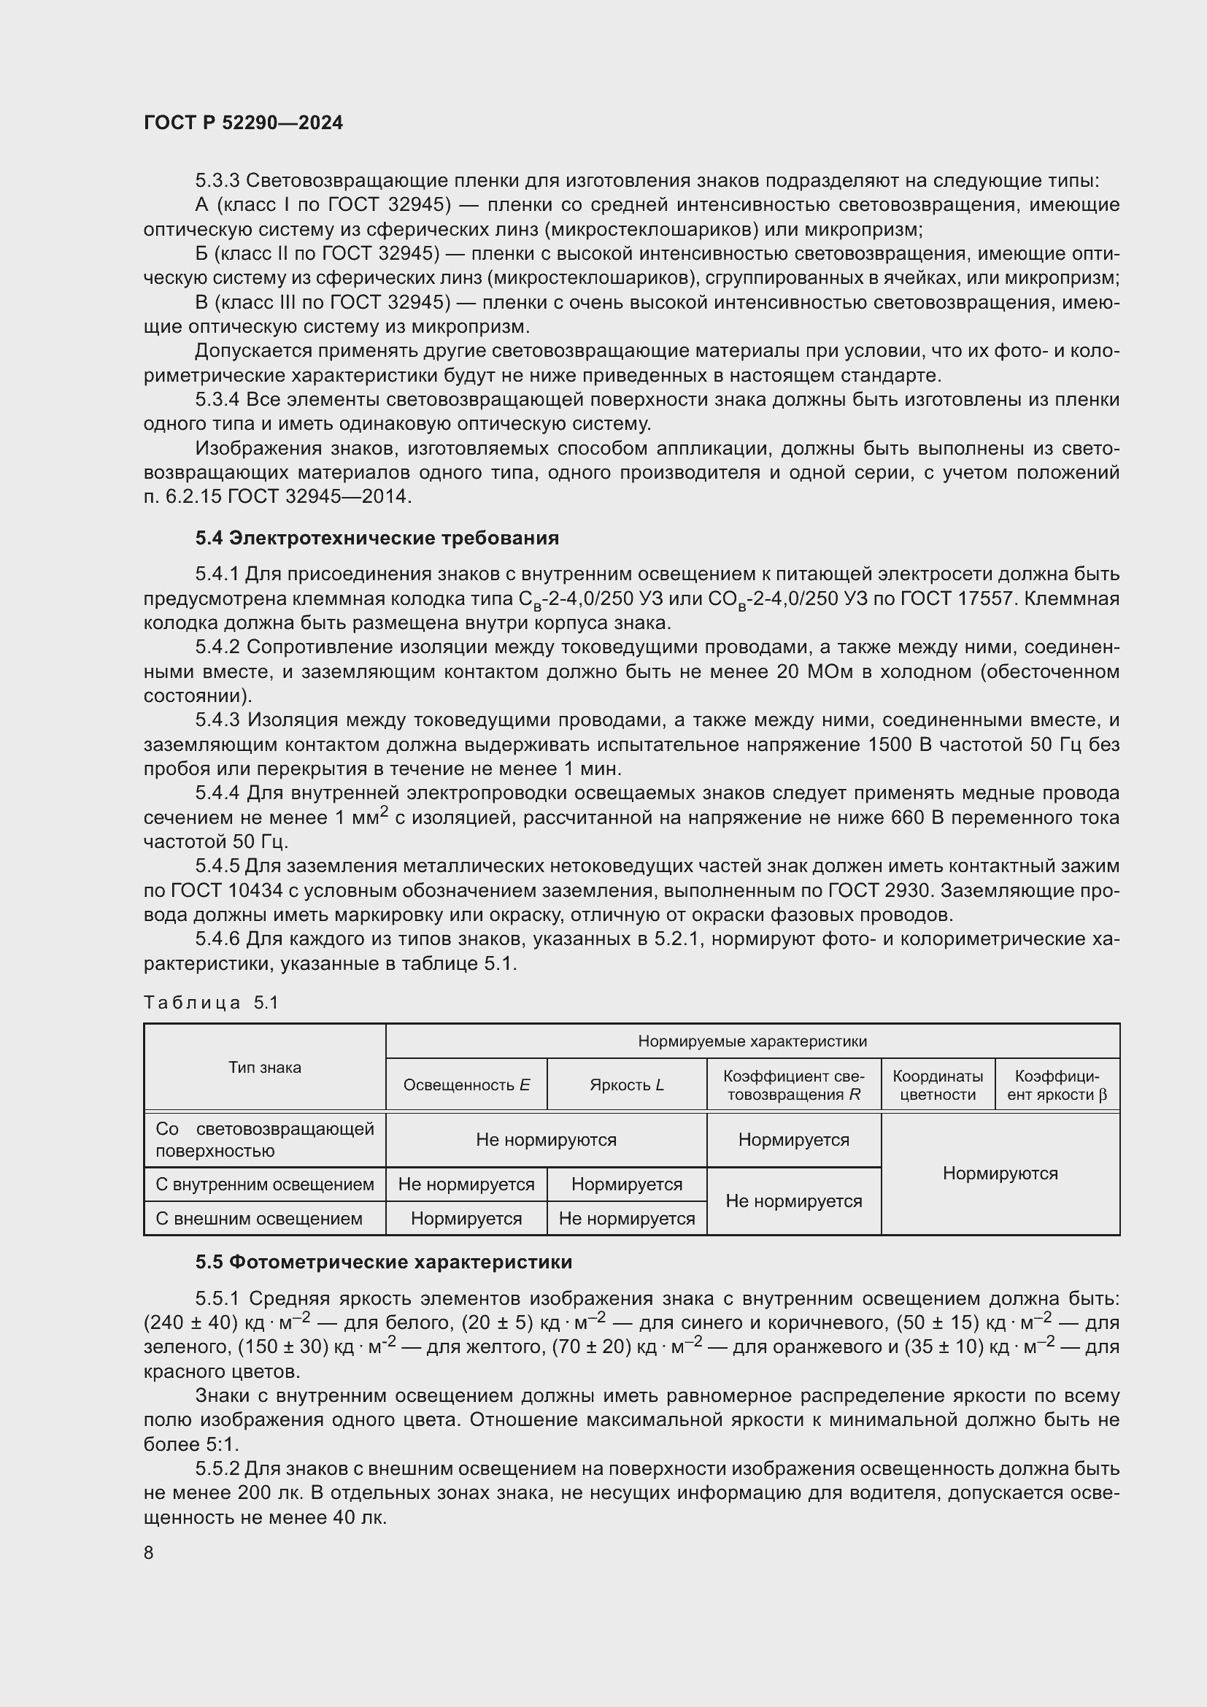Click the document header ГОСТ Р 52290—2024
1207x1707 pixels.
[x=243, y=123]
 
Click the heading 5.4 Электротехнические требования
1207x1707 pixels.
[x=377, y=539]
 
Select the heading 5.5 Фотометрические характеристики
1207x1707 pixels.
[x=384, y=1263]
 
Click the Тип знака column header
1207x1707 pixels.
[x=265, y=1068]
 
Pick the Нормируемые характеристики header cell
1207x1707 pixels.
[x=752, y=1041]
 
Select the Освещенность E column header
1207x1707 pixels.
[x=466, y=1084]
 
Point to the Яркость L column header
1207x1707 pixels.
[x=627, y=1084]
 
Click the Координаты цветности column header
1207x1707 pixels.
[x=937, y=1085]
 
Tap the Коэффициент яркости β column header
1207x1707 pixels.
[x=1057, y=1085]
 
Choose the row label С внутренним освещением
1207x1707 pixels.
[x=265, y=1184]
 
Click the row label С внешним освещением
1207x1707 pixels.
[x=258, y=1219]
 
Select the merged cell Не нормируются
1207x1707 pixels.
[x=547, y=1140]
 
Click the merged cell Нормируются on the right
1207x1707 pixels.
[x=1000, y=1174]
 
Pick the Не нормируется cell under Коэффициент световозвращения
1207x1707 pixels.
[x=794, y=1201]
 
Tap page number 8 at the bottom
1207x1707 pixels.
[x=149, y=1553]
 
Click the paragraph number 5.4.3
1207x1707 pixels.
[x=217, y=720]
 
